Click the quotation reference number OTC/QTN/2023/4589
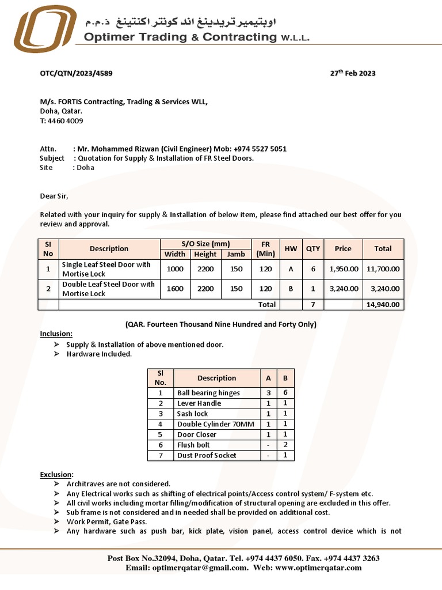(76, 73)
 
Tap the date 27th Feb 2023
(352, 73)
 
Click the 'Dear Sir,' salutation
(54, 196)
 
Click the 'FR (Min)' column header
(265, 249)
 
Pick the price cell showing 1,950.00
(344, 269)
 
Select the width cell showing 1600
(175, 289)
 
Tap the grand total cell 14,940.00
(383, 305)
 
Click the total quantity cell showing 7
(313, 305)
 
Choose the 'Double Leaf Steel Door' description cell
(108, 289)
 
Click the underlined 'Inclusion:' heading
(56, 334)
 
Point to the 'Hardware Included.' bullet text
(99, 354)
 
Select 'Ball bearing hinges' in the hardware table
(208, 393)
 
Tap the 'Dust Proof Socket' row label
(207, 455)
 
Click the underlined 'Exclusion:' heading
(56, 474)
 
